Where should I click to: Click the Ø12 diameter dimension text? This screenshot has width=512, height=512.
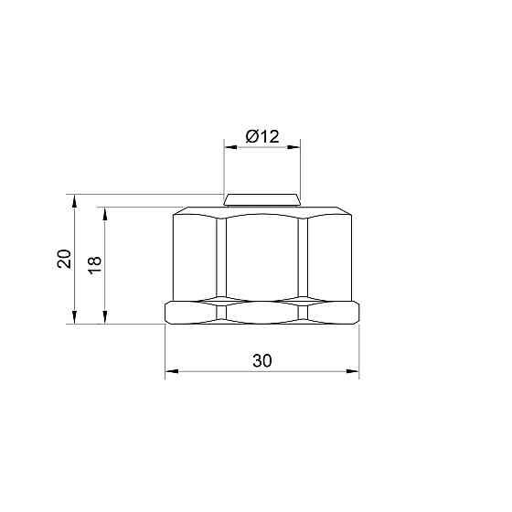(x=261, y=137)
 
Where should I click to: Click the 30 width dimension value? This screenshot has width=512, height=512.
(x=261, y=361)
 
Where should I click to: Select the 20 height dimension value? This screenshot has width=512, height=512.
(x=64, y=259)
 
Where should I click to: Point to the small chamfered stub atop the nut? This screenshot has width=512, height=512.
(x=262, y=199)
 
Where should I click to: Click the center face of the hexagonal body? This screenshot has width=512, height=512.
(x=262, y=258)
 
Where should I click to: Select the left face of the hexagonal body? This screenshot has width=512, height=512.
(x=195, y=258)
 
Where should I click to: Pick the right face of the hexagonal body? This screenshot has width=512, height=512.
(x=329, y=258)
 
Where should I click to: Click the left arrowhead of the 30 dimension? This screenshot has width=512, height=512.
(x=170, y=372)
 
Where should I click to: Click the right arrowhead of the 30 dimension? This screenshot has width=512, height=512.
(x=354, y=372)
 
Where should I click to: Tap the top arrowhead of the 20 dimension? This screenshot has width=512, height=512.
(x=74, y=198)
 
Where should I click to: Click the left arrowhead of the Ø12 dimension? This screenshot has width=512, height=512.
(x=230, y=147)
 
